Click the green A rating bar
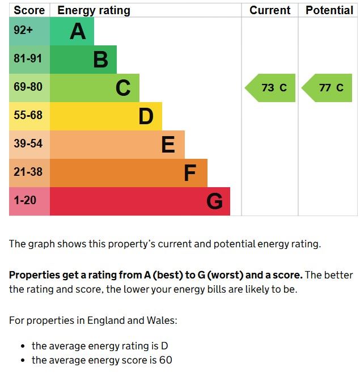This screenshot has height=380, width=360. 72,31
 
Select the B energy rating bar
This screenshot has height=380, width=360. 83,60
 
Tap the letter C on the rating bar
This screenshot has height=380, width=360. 123,88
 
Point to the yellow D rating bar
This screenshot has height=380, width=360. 106,116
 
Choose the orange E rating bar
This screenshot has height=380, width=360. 117,145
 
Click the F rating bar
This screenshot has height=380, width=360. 129,173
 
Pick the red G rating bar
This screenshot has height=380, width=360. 140,201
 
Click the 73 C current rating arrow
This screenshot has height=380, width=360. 271,88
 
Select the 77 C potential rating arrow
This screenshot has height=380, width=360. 328,88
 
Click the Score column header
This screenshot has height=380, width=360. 29,10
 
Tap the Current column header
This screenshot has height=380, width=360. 270,10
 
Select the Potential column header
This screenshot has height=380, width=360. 329,10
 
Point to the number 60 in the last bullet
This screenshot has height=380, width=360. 165,360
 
